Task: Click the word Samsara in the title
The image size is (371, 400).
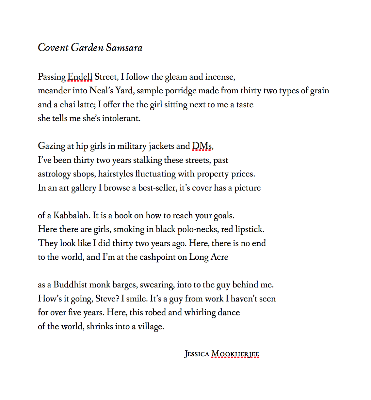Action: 124,48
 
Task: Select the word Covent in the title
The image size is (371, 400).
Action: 53,48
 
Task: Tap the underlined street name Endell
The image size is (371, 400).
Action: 80,77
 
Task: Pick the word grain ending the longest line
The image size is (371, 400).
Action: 319,91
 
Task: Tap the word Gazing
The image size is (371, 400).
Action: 51,146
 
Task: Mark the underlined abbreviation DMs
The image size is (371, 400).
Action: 202,146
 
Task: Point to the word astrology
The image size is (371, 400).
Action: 54,174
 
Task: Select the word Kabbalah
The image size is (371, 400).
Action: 72,216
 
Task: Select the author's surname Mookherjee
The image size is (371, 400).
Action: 235,354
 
